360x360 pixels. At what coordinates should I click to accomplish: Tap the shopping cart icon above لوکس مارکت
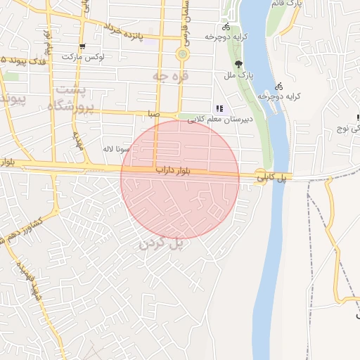pos(83,46)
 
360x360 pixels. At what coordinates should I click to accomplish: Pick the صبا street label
pos(154,113)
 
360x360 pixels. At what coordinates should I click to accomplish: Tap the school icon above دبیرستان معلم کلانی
pos(219,108)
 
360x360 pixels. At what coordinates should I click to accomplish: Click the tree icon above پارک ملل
pos(239,64)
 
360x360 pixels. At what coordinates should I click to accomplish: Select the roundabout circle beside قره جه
pos(183,54)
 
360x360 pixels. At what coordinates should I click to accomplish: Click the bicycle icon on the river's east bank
pos(279,86)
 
